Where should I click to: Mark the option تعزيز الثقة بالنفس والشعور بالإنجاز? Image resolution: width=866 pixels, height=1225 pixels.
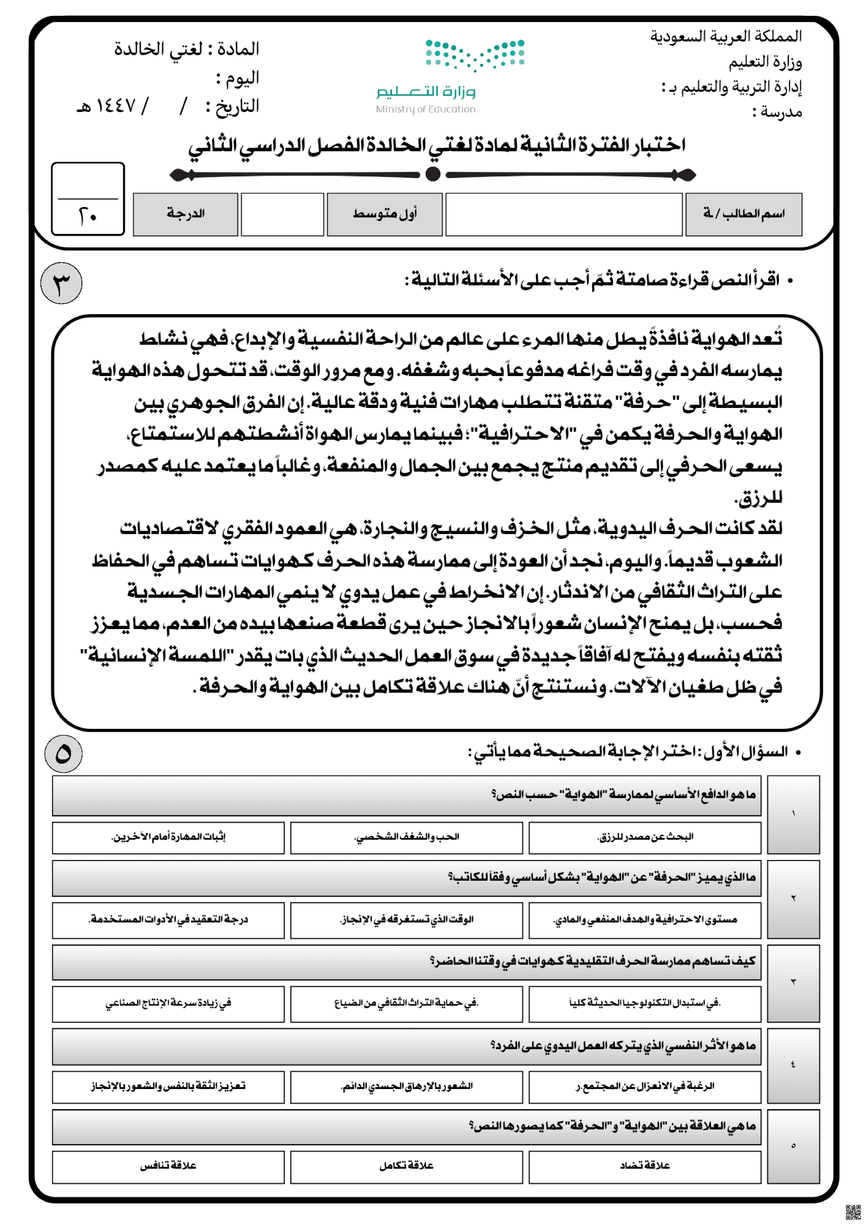(x=168, y=1086)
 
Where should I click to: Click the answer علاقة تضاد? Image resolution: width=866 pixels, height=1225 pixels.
(x=645, y=1166)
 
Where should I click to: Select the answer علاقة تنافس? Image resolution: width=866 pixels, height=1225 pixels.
(x=168, y=1166)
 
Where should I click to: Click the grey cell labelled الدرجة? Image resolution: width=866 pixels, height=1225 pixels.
(x=185, y=214)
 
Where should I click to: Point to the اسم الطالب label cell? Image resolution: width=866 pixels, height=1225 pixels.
(x=743, y=214)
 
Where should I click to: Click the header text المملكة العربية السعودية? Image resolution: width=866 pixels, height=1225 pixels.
(x=726, y=36)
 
